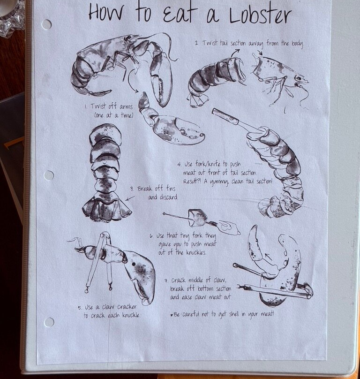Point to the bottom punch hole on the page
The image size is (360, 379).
pyautogui.click(x=49, y=322)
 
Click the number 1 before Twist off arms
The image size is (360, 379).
pyautogui.click(x=86, y=106)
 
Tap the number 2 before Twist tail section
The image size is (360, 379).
pyautogui.click(x=197, y=44)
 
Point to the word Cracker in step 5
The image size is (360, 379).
pyautogui.click(x=127, y=307)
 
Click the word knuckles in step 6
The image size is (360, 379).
pyautogui.click(x=196, y=252)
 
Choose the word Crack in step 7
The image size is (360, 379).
pyautogui.click(x=179, y=280)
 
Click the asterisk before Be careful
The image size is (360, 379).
pyautogui.click(x=172, y=315)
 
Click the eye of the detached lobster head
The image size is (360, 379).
pyautogui.click(x=299, y=78)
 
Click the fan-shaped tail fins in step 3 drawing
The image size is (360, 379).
pyautogui.click(x=107, y=209)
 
